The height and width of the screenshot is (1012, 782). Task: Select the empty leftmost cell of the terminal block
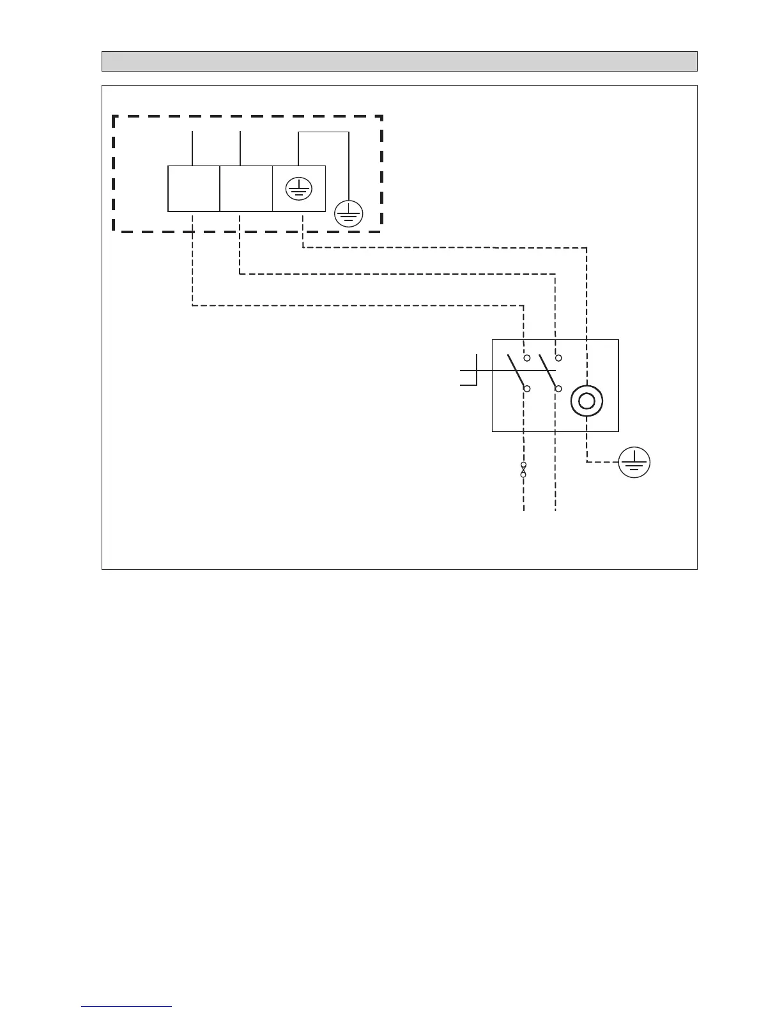click(x=194, y=188)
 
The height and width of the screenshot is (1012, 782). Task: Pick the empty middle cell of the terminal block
click(x=246, y=188)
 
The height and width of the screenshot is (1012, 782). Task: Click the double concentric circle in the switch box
click(x=586, y=401)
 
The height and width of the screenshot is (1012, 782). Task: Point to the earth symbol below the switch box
click(x=634, y=462)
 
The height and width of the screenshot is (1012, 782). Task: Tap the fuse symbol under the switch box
click(x=524, y=470)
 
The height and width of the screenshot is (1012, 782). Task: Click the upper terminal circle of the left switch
click(x=527, y=358)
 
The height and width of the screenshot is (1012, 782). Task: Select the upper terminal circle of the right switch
click(x=558, y=358)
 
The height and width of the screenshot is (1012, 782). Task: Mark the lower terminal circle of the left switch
click(x=527, y=388)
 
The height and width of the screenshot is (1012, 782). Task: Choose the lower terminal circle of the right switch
click(x=558, y=388)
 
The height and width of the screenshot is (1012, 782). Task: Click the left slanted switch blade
click(x=516, y=371)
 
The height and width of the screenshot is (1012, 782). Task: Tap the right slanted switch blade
click(x=548, y=371)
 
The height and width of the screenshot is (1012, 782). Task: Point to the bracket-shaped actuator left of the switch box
click(x=470, y=371)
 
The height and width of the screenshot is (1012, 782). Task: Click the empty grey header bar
click(x=399, y=61)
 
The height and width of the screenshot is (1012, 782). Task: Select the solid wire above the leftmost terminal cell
click(x=193, y=148)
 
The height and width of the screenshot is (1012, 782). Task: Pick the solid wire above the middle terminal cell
click(x=240, y=148)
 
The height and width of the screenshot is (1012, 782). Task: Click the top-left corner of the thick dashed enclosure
click(x=114, y=116)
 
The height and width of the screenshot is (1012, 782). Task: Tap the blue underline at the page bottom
click(x=126, y=1006)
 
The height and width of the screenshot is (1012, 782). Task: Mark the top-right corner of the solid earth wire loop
click(x=349, y=132)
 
